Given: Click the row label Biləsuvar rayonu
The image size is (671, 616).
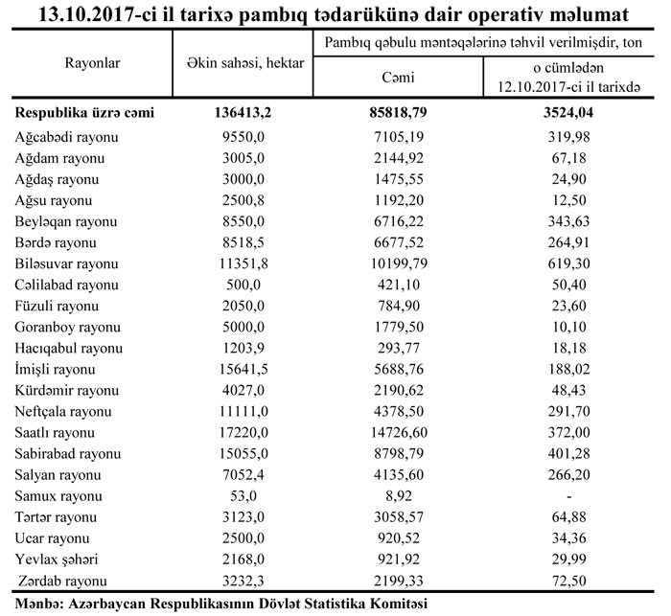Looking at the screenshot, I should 67,262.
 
